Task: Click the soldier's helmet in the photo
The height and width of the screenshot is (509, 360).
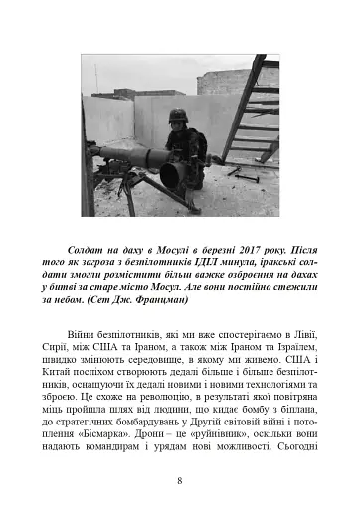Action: [x=178, y=116]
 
